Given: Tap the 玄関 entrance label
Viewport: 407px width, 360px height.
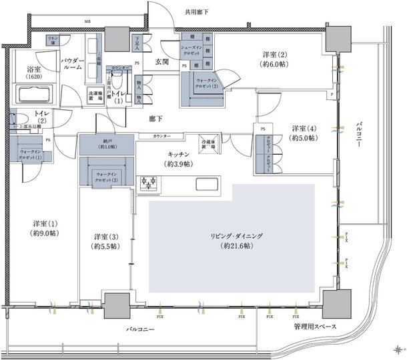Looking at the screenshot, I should [x=162, y=62].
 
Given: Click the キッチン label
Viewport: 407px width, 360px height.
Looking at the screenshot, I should [x=179, y=159].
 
